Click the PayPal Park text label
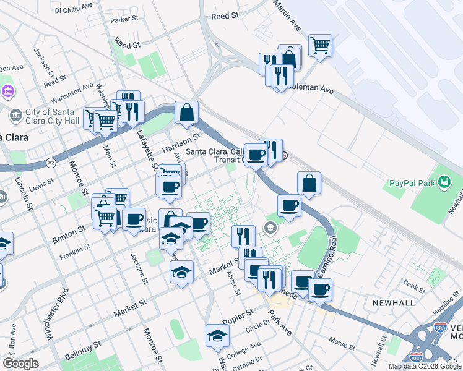tap(412, 183)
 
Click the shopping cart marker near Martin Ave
tap(320, 45)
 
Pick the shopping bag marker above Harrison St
tap(186, 113)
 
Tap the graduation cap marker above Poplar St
tap(217, 336)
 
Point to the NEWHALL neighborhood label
tap(393, 303)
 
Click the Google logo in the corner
tap(20, 364)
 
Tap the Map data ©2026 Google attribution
tap(425, 366)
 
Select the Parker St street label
tap(123, 20)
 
